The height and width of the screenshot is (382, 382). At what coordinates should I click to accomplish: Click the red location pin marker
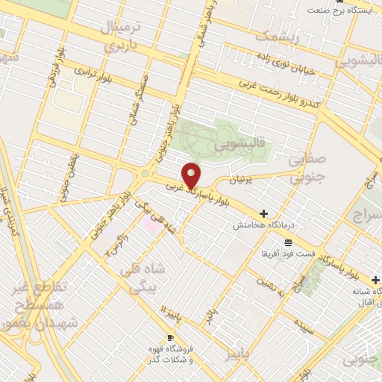click(192, 175)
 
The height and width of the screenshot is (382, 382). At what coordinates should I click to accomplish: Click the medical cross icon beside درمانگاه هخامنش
click(263, 213)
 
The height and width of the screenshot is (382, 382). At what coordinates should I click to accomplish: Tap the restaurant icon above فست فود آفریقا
click(288, 242)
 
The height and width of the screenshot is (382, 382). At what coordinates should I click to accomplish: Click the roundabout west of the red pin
click(142, 175)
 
